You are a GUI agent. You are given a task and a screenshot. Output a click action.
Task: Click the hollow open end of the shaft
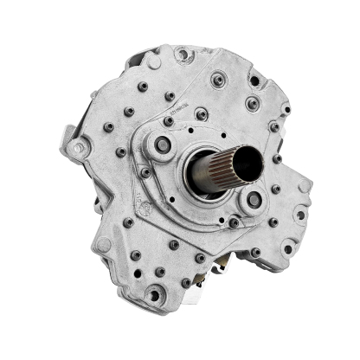click(252, 160)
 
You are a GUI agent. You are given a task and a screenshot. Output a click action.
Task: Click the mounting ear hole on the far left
click(79, 148)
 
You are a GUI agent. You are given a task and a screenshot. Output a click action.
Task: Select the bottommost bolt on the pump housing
click(154, 295)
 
